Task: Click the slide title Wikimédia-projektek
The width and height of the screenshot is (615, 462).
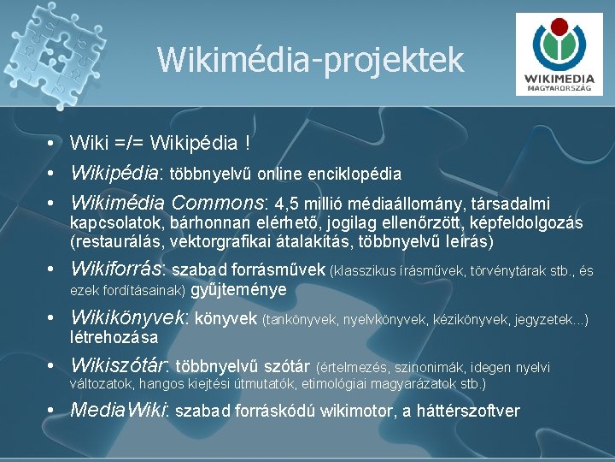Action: [x=310, y=60]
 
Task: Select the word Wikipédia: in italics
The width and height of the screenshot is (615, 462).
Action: [x=116, y=173]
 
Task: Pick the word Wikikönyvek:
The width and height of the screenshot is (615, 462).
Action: [x=130, y=319]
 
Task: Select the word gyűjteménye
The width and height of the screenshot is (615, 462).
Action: [x=238, y=289]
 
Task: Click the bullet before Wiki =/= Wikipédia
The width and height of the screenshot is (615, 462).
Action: [x=52, y=142]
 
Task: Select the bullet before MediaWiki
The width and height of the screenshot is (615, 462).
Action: [x=52, y=410]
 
